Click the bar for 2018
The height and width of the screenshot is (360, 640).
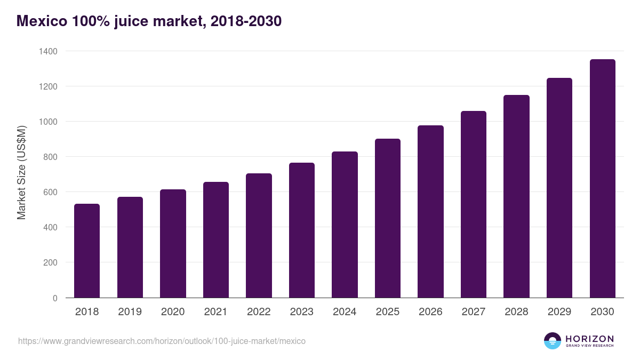click(x=87, y=251)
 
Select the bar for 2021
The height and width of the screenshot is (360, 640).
click(x=216, y=240)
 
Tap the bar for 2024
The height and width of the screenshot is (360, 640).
click(x=345, y=225)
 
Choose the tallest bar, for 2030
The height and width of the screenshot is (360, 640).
click(x=602, y=179)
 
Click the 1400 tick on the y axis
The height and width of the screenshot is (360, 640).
click(x=48, y=51)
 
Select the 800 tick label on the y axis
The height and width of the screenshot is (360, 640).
click(x=50, y=157)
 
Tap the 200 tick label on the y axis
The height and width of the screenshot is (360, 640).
click(x=50, y=262)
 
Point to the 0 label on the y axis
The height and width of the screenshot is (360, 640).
click(x=55, y=298)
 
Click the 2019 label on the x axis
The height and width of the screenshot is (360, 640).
click(x=130, y=312)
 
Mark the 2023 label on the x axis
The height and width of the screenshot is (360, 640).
click(x=302, y=312)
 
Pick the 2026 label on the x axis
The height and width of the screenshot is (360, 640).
click(x=430, y=312)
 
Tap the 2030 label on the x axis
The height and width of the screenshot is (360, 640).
click(x=602, y=312)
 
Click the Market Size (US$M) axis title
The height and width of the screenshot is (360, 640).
click(x=21, y=172)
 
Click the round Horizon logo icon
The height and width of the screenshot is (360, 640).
click(x=552, y=341)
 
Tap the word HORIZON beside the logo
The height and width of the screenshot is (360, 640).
click(x=589, y=338)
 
